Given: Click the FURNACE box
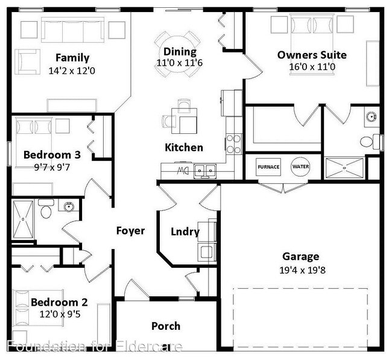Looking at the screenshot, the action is click(x=268, y=167).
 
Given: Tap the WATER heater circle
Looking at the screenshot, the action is click(x=300, y=166).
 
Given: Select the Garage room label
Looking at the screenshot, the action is click(x=301, y=257).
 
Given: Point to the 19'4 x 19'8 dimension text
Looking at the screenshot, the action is click(x=303, y=270).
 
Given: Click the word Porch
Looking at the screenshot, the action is click(x=166, y=326).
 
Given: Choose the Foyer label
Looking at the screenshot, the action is click(x=130, y=230).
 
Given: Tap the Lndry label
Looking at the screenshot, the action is click(x=185, y=232).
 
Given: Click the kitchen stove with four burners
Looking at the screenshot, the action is click(x=234, y=144).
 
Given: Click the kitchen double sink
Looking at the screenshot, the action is click(x=205, y=171).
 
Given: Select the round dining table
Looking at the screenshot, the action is click(x=177, y=54).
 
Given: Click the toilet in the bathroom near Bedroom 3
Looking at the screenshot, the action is click(x=46, y=209).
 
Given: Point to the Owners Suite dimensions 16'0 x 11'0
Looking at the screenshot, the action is click(x=312, y=67).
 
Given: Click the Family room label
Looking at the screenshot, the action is click(x=72, y=58).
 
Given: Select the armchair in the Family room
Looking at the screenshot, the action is click(x=28, y=62).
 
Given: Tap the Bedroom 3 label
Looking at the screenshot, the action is click(x=52, y=155).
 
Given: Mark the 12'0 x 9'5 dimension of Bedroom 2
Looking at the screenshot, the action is click(x=60, y=314).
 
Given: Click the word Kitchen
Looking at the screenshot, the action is click(x=184, y=148).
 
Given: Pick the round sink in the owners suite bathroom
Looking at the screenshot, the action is click(x=371, y=116).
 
